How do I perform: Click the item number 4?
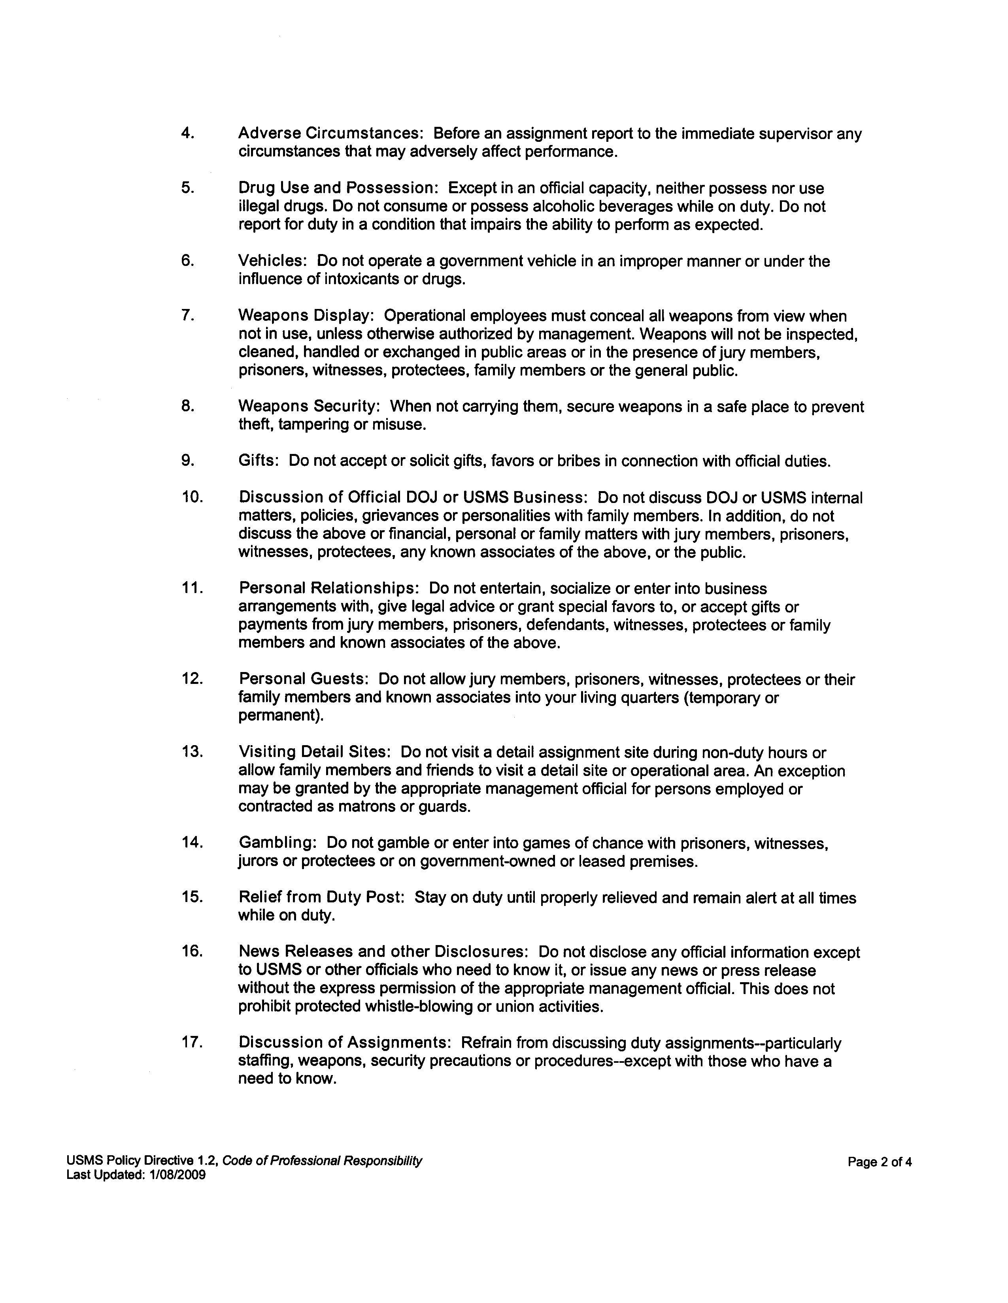[x=187, y=133]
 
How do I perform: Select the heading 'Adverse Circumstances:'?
[x=330, y=133]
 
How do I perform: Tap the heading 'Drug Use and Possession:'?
[x=338, y=188]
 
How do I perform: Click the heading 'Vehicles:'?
[x=272, y=261]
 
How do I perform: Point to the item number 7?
[x=187, y=316]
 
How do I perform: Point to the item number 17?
[x=192, y=1043]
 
